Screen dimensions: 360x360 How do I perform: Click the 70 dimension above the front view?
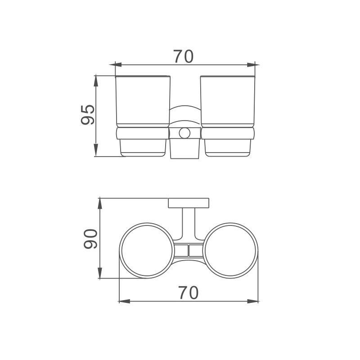(x=183, y=56)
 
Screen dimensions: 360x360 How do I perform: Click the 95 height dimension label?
(x=88, y=115)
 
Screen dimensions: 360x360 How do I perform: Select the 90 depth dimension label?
(x=90, y=239)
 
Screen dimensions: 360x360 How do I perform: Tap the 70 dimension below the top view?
(x=188, y=293)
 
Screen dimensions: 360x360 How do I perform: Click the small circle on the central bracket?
(x=184, y=133)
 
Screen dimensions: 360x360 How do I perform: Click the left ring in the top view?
(x=120, y=251)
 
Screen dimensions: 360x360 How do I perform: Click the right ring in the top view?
(x=257, y=251)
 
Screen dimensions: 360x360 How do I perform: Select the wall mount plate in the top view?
(x=189, y=203)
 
